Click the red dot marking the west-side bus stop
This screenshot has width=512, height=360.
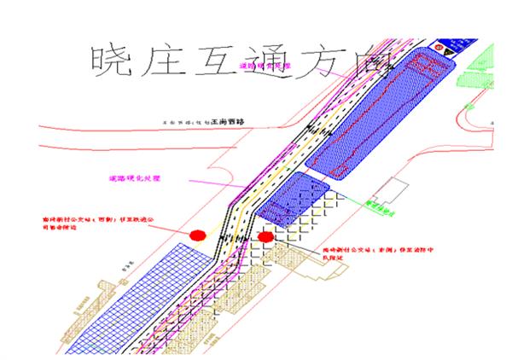pos(198,234)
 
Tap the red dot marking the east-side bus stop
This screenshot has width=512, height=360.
pos(266,236)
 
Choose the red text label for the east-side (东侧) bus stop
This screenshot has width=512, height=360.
pos(358,248)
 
